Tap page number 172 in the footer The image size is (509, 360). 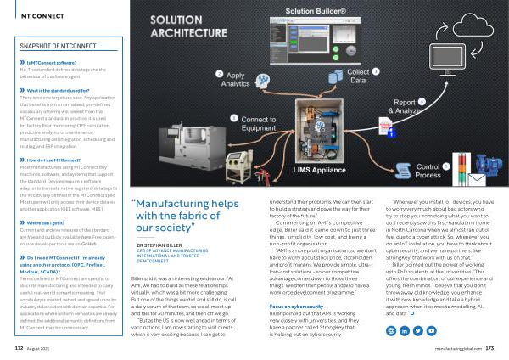(20, 348)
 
